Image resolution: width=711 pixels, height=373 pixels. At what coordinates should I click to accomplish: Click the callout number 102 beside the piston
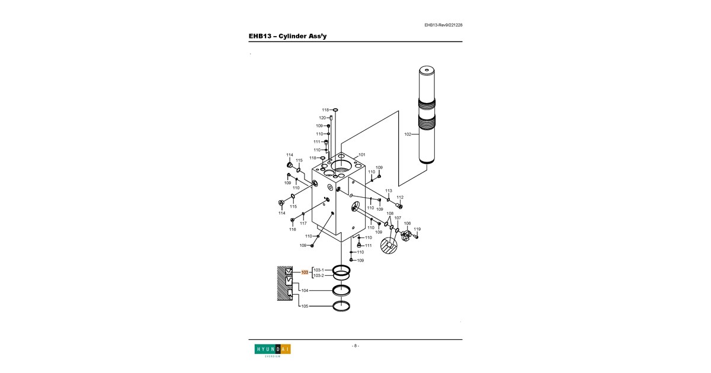(x=408, y=134)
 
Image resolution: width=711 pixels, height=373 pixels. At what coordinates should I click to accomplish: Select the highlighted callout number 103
(x=305, y=272)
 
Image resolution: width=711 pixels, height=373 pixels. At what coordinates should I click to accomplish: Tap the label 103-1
(x=319, y=270)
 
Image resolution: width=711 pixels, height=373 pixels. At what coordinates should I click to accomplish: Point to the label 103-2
(x=319, y=276)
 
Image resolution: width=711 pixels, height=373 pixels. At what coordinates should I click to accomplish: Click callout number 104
(x=305, y=290)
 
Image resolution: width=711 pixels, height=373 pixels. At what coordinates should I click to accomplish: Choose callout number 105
(x=305, y=306)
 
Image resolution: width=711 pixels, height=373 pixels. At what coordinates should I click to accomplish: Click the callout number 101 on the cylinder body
(x=362, y=155)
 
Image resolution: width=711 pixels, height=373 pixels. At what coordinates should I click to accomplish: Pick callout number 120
(x=322, y=118)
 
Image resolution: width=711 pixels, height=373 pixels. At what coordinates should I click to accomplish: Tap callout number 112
(x=400, y=197)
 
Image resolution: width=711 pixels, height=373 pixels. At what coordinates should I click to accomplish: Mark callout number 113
(x=389, y=191)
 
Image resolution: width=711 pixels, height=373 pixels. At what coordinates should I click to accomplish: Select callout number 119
(x=417, y=229)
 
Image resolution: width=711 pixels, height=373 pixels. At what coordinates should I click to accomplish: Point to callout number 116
(x=293, y=229)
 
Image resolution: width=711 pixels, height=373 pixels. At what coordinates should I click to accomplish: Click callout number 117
(x=303, y=223)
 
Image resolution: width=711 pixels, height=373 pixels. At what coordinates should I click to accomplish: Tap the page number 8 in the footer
(x=355, y=346)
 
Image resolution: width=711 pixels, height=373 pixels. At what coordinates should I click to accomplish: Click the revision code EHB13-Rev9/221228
(x=443, y=25)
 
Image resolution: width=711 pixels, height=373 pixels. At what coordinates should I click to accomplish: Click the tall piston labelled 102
(x=427, y=115)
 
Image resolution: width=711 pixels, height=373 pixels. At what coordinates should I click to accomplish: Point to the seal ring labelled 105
(x=341, y=306)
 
